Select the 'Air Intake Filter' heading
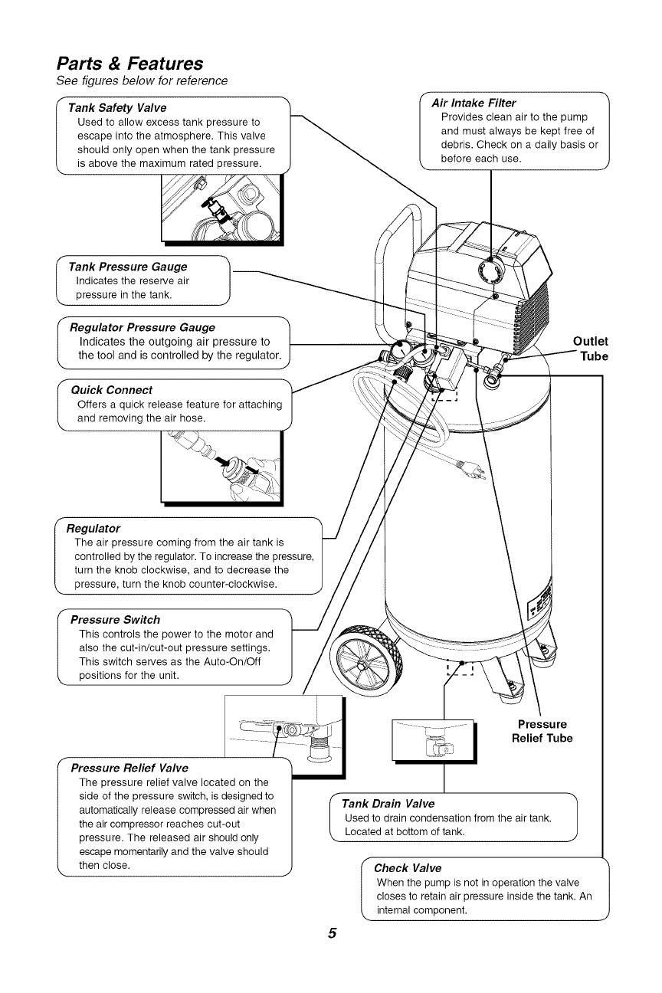point(474,103)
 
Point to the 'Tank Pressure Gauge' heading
point(127,267)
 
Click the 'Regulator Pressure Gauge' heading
point(142,327)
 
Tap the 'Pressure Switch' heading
point(115,619)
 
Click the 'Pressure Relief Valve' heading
point(129,768)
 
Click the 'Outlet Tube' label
point(590,349)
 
